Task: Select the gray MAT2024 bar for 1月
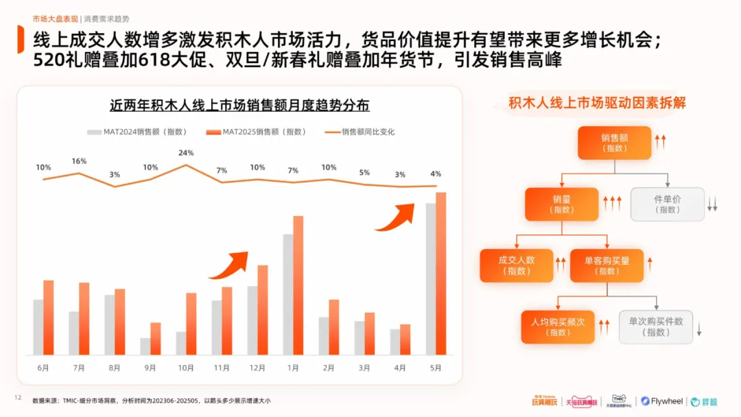(288, 294)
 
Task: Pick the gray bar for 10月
(181, 343)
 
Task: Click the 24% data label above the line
(186, 153)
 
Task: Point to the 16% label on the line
(79, 161)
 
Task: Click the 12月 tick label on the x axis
(257, 368)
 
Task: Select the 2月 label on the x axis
(329, 368)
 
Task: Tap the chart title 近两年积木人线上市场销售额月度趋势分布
(239, 106)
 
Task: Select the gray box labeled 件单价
(668, 204)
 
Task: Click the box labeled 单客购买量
(607, 265)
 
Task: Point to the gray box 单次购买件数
(655, 326)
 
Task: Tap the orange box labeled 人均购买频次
(558, 326)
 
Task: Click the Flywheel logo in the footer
(663, 401)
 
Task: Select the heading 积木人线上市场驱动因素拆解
(597, 104)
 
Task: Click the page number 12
(19, 398)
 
